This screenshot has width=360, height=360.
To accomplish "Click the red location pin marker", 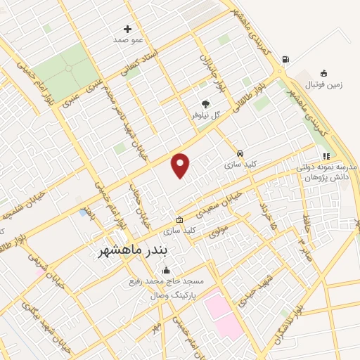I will coord(181,165).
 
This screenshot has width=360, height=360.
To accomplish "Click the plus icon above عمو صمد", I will coord(127,29).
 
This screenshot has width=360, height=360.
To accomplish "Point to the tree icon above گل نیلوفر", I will coord(206,101).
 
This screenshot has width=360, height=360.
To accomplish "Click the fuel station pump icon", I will coord(284,60).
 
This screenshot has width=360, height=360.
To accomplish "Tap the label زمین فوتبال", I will coord(323,84).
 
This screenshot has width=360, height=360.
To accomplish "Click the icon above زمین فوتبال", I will coord(323,73).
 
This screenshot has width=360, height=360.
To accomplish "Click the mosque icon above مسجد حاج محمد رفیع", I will coord(166,271).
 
